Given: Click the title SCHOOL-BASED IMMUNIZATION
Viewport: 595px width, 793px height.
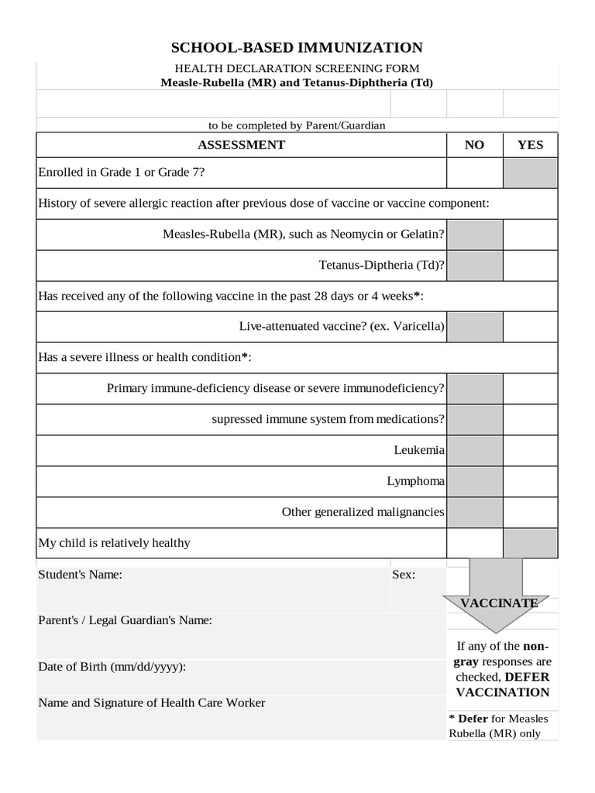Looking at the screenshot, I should [x=297, y=48].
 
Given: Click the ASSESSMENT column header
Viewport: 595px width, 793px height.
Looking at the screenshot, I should [x=241, y=145].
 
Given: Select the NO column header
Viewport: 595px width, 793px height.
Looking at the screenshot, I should [x=474, y=145].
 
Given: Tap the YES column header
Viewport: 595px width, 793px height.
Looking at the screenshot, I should [x=530, y=145].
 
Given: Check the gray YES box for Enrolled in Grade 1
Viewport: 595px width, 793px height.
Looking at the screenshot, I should [x=530, y=173].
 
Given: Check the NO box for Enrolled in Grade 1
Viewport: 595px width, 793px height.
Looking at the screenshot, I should [x=474, y=173].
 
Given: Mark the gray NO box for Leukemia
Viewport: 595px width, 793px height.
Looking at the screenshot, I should [x=474, y=450].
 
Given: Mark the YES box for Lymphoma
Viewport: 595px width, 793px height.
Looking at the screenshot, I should [x=530, y=481].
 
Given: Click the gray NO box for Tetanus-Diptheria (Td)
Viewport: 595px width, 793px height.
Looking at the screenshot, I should [x=474, y=266].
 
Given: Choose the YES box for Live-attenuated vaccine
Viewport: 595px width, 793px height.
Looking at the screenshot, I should [x=530, y=327].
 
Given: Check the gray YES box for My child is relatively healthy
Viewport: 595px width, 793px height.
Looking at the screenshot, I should [x=530, y=543].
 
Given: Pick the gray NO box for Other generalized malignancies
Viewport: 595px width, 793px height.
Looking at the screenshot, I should [x=474, y=512].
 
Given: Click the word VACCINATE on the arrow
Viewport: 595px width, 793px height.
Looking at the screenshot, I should [x=499, y=602].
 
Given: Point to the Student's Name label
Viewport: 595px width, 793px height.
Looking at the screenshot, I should [x=80, y=575].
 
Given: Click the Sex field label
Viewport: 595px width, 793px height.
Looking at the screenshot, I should [x=404, y=575].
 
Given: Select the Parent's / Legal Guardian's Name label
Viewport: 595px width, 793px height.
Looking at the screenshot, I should [x=125, y=620].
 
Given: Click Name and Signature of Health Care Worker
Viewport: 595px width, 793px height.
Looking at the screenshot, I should [x=151, y=703].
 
